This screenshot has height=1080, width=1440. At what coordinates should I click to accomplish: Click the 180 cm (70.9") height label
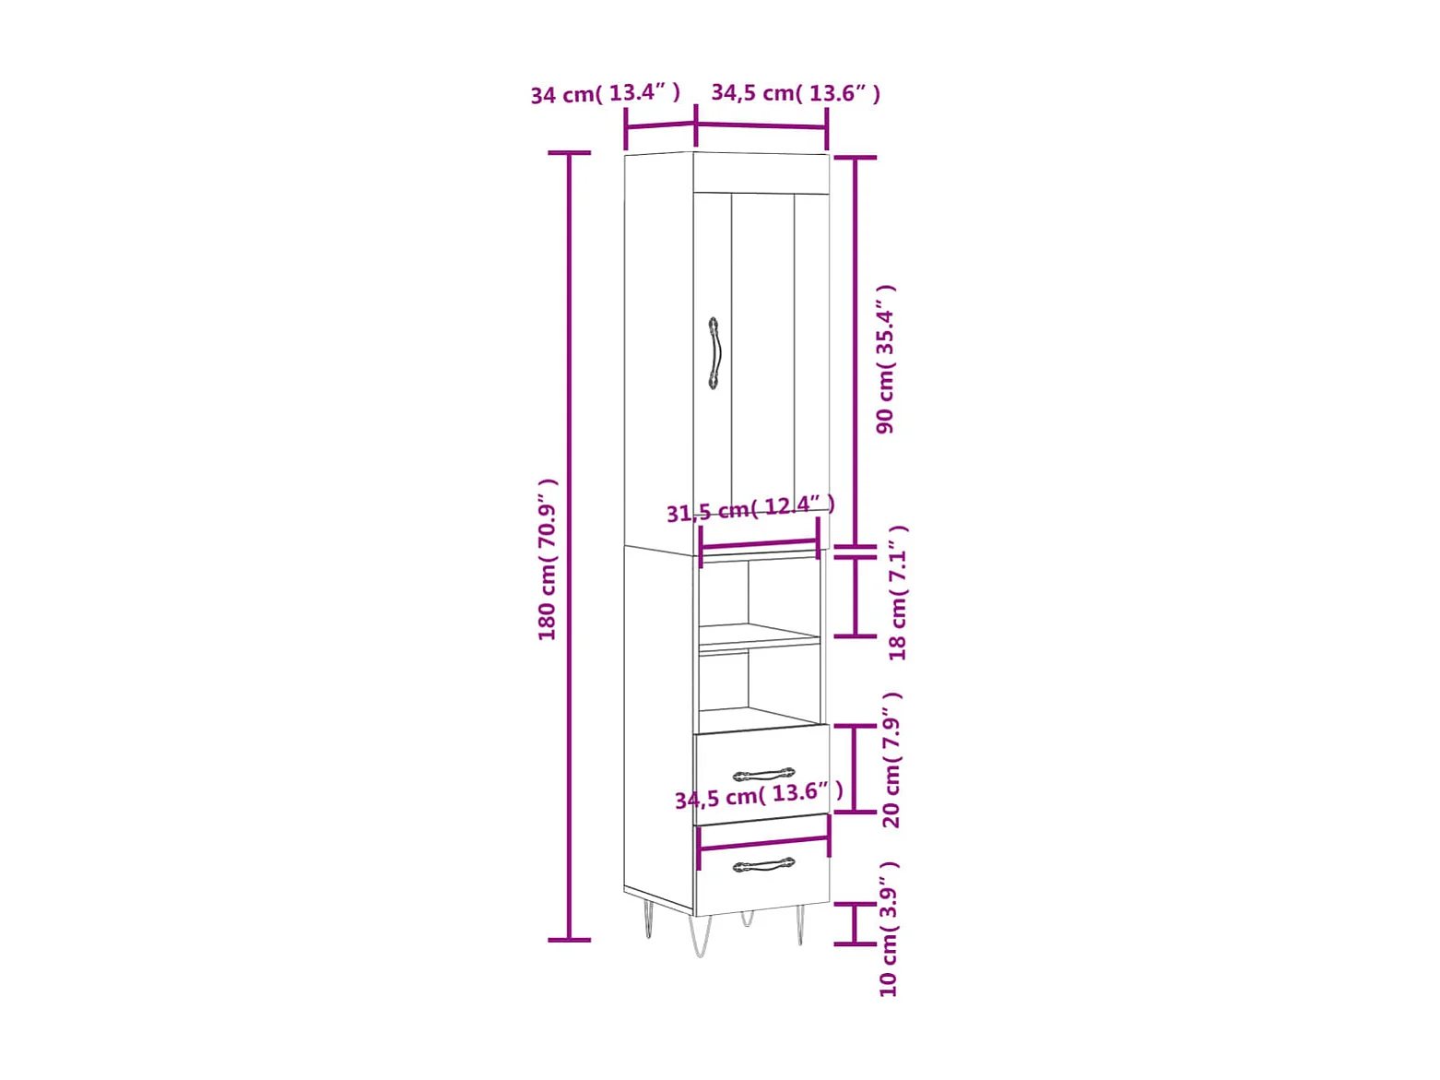pos(547,560)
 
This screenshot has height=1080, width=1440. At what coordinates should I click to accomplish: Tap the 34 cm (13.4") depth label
pos(605,94)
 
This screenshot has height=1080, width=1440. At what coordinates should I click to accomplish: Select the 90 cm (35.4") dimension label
pos(885,359)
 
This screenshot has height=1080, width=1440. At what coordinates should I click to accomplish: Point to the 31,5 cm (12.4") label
pos(750,508)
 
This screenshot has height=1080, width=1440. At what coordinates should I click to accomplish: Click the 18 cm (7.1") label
pos(897,592)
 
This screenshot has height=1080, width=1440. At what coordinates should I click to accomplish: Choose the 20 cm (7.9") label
pos(892,759)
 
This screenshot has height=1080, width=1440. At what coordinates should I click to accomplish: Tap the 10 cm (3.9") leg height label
pos(888,929)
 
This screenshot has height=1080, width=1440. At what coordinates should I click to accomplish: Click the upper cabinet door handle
pos(714,353)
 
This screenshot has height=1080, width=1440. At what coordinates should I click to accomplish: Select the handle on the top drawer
pos(763,775)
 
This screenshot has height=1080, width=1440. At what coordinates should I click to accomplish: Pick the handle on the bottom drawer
pos(763,865)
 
